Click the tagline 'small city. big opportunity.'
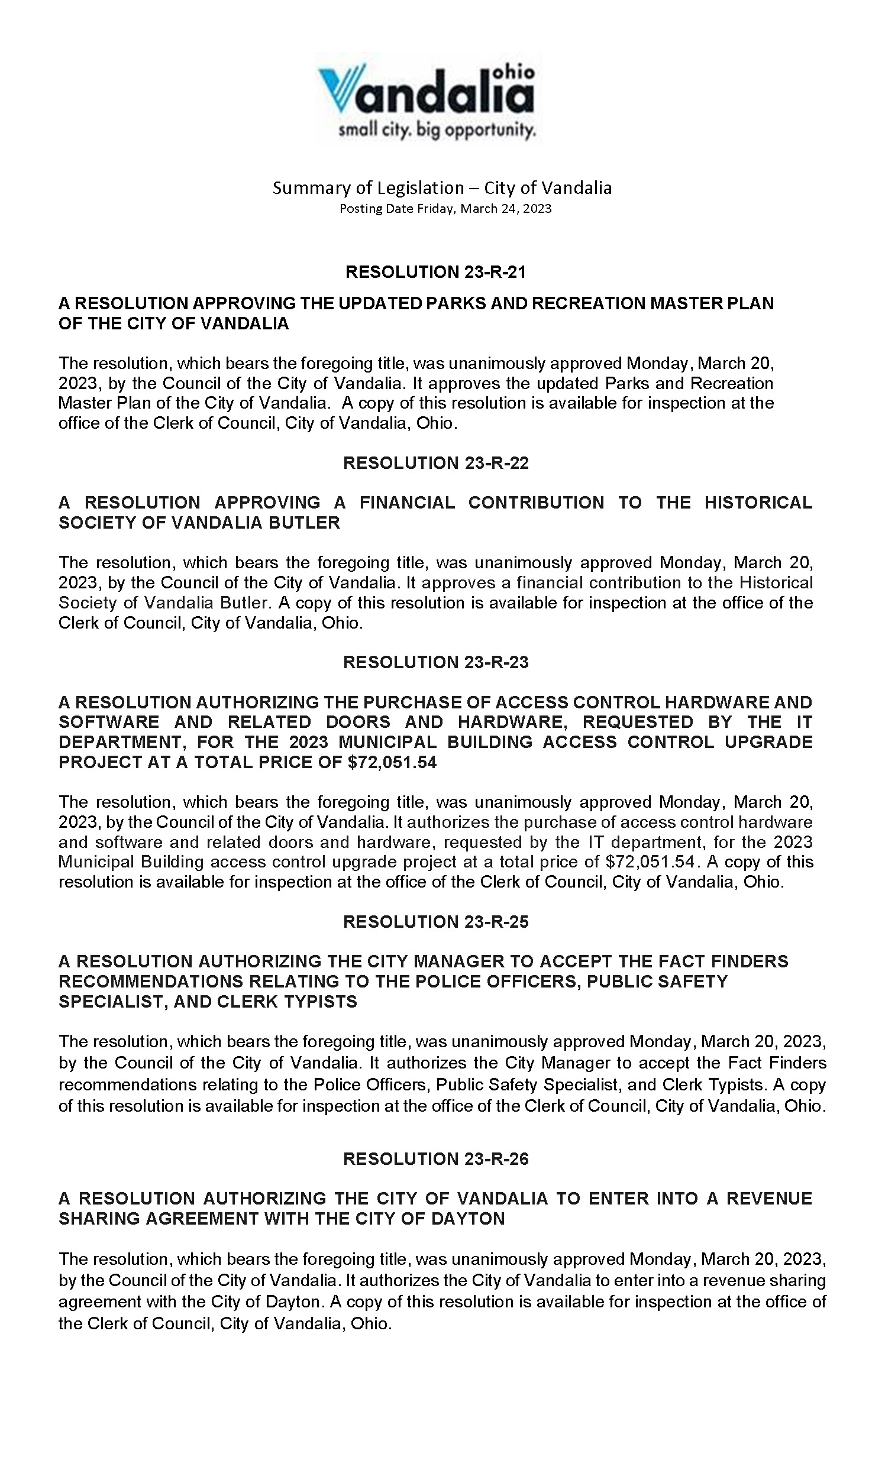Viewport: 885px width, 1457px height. [437, 129]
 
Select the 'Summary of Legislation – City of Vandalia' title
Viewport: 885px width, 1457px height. [442, 188]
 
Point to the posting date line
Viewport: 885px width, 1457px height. [445, 209]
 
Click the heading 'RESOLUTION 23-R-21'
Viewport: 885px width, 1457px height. [435, 272]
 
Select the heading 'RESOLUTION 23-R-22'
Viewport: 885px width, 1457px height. [436, 463]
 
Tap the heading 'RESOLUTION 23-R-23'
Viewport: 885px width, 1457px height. [436, 662]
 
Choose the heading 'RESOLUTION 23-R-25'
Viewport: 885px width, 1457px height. [436, 922]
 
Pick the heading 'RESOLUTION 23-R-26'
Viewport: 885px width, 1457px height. [436, 1159]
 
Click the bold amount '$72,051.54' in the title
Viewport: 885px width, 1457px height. [392, 763]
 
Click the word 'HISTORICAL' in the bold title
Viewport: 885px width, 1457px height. [758, 503]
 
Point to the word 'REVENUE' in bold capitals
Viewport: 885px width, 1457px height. [769, 1199]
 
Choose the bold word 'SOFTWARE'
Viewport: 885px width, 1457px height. [109, 722]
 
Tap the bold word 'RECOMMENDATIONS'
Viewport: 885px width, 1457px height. [150, 982]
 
